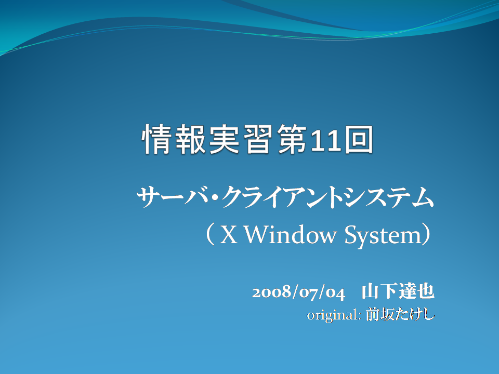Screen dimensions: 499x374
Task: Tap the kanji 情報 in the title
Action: coord(174,139)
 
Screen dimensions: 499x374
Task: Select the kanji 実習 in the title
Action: coord(241,139)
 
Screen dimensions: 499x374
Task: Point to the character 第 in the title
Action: coord(292,139)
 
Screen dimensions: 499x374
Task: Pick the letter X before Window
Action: coord(229,235)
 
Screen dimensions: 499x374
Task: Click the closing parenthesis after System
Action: coord(426,235)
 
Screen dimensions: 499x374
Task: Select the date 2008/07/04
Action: coord(298,292)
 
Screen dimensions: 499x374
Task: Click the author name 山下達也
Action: coord(398,291)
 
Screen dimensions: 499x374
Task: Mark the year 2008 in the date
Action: coord(272,292)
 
